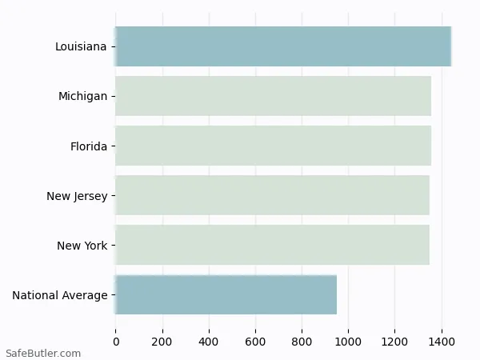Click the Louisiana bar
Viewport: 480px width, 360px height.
coord(283,46)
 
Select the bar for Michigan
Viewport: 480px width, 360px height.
coord(273,96)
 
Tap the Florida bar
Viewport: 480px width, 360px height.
coord(273,146)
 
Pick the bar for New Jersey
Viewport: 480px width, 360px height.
coord(272,195)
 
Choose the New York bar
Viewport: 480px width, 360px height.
coord(272,245)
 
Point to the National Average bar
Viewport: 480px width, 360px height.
coord(226,294)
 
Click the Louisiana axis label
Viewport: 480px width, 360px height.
coord(81,46)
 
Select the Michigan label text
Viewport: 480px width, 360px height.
coord(82,96)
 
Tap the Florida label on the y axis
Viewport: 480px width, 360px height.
coord(88,146)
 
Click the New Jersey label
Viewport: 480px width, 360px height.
coord(77,196)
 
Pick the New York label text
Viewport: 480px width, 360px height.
coord(82,246)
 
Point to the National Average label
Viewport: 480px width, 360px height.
coord(60,295)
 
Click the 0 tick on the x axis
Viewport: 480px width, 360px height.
coord(116,342)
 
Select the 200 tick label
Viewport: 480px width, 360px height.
coord(162,342)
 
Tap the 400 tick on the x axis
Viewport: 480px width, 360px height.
coord(209,342)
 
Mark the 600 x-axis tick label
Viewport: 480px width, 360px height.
coord(255,342)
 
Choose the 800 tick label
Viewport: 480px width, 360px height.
coord(302,342)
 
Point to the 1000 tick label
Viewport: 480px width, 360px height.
coord(348,342)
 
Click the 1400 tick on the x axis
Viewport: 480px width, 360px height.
coord(441,342)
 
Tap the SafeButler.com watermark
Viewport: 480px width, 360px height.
coord(43,353)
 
